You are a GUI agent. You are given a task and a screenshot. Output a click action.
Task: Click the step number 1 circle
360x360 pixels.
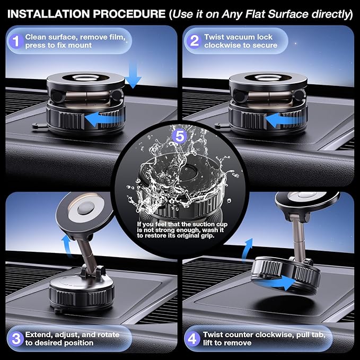click(15, 41)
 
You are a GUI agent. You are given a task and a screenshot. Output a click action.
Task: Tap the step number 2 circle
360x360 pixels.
click(194, 41)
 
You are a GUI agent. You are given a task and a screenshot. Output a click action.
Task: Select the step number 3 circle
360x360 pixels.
click(16, 339)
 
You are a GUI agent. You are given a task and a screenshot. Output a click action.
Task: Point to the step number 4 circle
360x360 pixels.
click(192, 339)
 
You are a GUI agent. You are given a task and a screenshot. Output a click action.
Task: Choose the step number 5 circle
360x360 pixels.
click(180, 136)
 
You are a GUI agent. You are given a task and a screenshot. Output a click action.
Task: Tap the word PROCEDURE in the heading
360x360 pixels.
click(129, 14)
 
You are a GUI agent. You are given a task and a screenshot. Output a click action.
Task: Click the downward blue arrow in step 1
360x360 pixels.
click(133, 75)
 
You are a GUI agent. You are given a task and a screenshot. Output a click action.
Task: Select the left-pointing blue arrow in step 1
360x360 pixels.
click(104, 119)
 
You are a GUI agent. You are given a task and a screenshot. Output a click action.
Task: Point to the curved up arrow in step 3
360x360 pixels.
click(67, 245)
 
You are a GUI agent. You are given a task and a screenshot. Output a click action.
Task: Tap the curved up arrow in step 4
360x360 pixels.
click(247, 250)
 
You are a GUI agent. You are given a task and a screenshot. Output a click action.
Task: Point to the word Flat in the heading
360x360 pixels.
click(255, 14)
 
